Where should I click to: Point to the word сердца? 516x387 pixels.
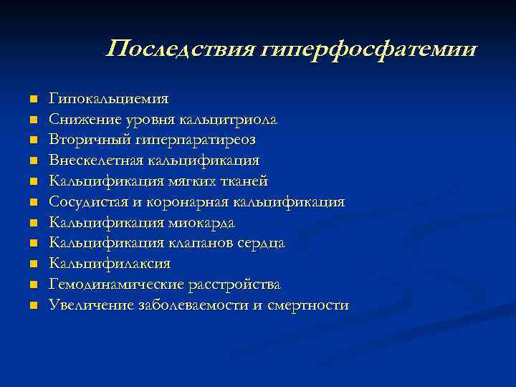(261, 243)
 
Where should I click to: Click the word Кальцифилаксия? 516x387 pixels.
(109, 264)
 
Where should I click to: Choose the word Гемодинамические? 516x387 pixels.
(115, 285)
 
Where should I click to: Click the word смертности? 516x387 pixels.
(308, 305)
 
